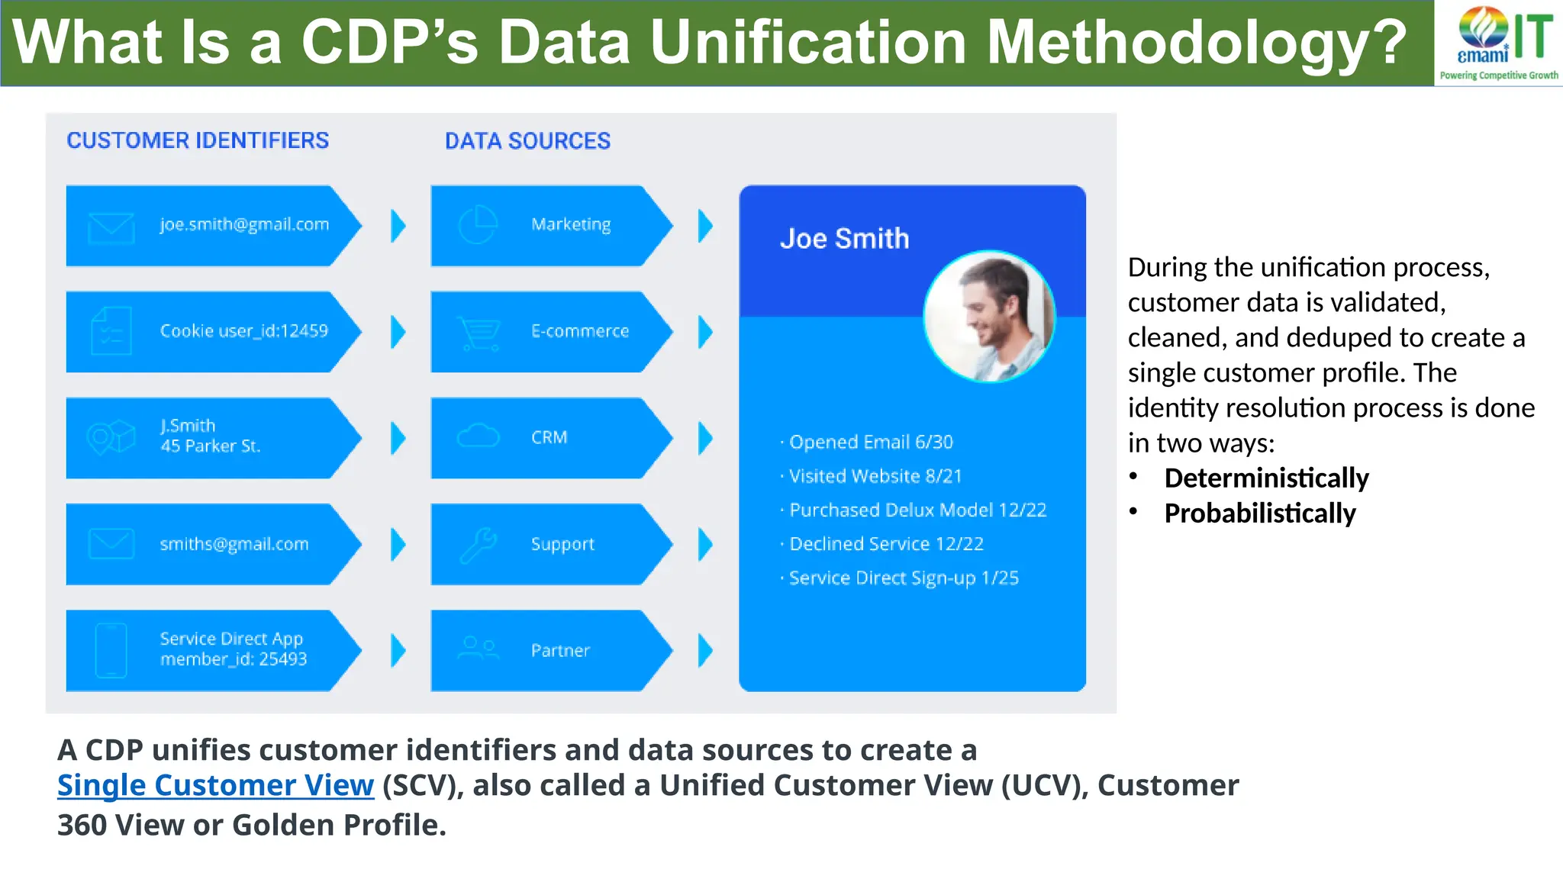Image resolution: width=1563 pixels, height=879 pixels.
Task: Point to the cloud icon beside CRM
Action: (478, 436)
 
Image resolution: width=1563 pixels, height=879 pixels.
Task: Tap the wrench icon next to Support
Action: (479, 545)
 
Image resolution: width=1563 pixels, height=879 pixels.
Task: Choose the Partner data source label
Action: (560, 651)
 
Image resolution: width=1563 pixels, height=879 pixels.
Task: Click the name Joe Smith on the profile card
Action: (844, 239)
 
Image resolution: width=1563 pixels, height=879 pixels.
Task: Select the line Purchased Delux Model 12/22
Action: (917, 510)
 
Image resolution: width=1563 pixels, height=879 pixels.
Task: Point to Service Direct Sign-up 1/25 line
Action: (904, 578)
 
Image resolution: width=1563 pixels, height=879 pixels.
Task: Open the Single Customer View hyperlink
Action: (215, 785)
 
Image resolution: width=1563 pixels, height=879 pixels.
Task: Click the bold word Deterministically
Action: (1266, 478)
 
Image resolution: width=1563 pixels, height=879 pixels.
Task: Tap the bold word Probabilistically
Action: (1259, 514)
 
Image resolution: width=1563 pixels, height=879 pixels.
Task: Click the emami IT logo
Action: (1498, 42)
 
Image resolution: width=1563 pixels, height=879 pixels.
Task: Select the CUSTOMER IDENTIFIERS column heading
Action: (198, 140)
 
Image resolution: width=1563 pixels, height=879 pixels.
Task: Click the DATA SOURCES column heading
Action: (527, 141)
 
